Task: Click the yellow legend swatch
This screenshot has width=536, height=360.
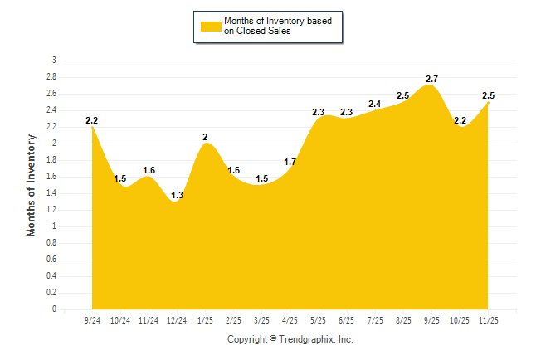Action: pyautogui.click(x=211, y=27)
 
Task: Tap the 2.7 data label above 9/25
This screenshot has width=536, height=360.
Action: pyautogui.click(x=431, y=79)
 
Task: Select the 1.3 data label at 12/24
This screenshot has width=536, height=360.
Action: pyautogui.click(x=178, y=195)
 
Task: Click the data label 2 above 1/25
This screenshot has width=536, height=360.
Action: pyautogui.click(x=205, y=137)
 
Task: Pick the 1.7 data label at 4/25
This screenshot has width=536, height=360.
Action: pyautogui.click(x=290, y=162)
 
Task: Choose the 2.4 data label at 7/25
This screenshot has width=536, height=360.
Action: pyautogui.click(x=375, y=104)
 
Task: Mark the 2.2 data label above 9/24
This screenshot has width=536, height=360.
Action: pyautogui.click(x=92, y=120)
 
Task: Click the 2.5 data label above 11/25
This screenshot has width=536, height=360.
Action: pyautogui.click(x=488, y=95)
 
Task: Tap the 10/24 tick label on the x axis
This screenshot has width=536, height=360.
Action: pyautogui.click(x=120, y=320)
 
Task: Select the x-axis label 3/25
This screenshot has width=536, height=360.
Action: pyautogui.click(x=261, y=320)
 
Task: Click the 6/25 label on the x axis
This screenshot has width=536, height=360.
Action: pyautogui.click(x=346, y=320)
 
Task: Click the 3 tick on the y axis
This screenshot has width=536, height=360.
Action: pyautogui.click(x=54, y=61)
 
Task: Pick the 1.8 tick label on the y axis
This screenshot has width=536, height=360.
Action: pyautogui.click(x=51, y=160)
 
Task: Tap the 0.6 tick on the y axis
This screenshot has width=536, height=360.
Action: pyautogui.click(x=51, y=260)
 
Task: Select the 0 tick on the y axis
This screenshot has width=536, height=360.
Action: pyautogui.click(x=54, y=309)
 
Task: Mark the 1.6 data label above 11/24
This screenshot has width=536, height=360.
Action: pyautogui.click(x=149, y=170)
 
